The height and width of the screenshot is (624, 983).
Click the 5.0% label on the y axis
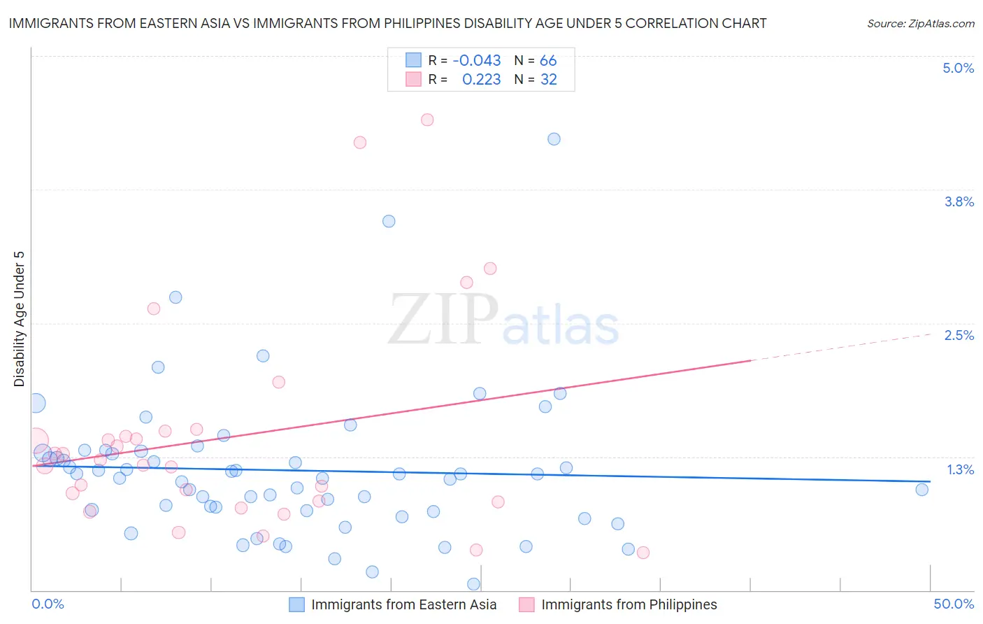[x=958, y=68]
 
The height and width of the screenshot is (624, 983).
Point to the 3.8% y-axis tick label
[x=959, y=201]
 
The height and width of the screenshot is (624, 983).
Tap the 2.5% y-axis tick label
[x=959, y=335]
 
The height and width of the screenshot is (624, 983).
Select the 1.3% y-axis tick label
[x=960, y=469]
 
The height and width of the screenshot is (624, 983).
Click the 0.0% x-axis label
[x=48, y=604]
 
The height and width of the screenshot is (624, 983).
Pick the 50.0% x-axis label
[x=954, y=604]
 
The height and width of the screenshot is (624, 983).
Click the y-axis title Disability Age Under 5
[x=20, y=318]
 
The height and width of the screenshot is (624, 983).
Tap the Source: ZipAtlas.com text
[x=920, y=23]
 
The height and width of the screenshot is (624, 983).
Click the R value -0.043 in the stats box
[x=477, y=60]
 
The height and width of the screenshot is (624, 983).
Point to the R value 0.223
[x=481, y=80]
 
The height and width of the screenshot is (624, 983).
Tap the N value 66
[x=548, y=60]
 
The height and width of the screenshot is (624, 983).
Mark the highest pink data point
[x=427, y=120]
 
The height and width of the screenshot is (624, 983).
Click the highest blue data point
[x=554, y=139]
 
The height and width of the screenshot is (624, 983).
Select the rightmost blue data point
[x=921, y=490]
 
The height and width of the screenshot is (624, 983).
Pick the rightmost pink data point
[x=643, y=553]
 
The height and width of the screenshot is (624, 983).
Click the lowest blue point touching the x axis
[x=473, y=584]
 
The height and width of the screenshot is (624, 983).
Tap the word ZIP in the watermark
[x=443, y=319]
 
